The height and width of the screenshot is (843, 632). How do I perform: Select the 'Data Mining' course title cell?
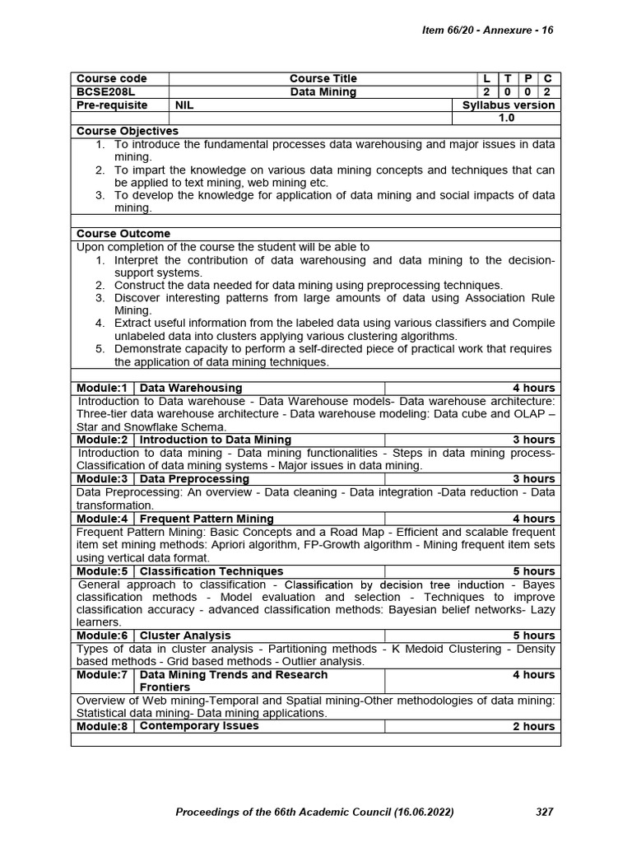[323, 92]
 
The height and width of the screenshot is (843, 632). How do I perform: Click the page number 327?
[544, 812]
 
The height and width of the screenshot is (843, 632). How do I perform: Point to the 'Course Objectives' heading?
[128, 131]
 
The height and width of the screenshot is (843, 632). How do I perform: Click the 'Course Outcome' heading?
[123, 234]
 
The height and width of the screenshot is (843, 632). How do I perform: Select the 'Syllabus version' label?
[509, 105]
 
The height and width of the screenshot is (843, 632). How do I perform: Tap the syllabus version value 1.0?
[507, 118]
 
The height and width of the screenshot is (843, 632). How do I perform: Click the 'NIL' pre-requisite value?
[184, 105]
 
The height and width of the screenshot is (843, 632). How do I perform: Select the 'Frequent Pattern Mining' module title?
[207, 519]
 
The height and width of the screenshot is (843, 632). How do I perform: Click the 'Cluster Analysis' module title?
[186, 636]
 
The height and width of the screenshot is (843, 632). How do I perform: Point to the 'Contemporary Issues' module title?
[199, 726]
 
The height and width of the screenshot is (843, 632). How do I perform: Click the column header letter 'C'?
[547, 79]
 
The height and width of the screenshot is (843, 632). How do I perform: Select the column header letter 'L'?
[486, 79]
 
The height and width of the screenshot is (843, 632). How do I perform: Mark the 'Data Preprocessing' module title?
[195, 479]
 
